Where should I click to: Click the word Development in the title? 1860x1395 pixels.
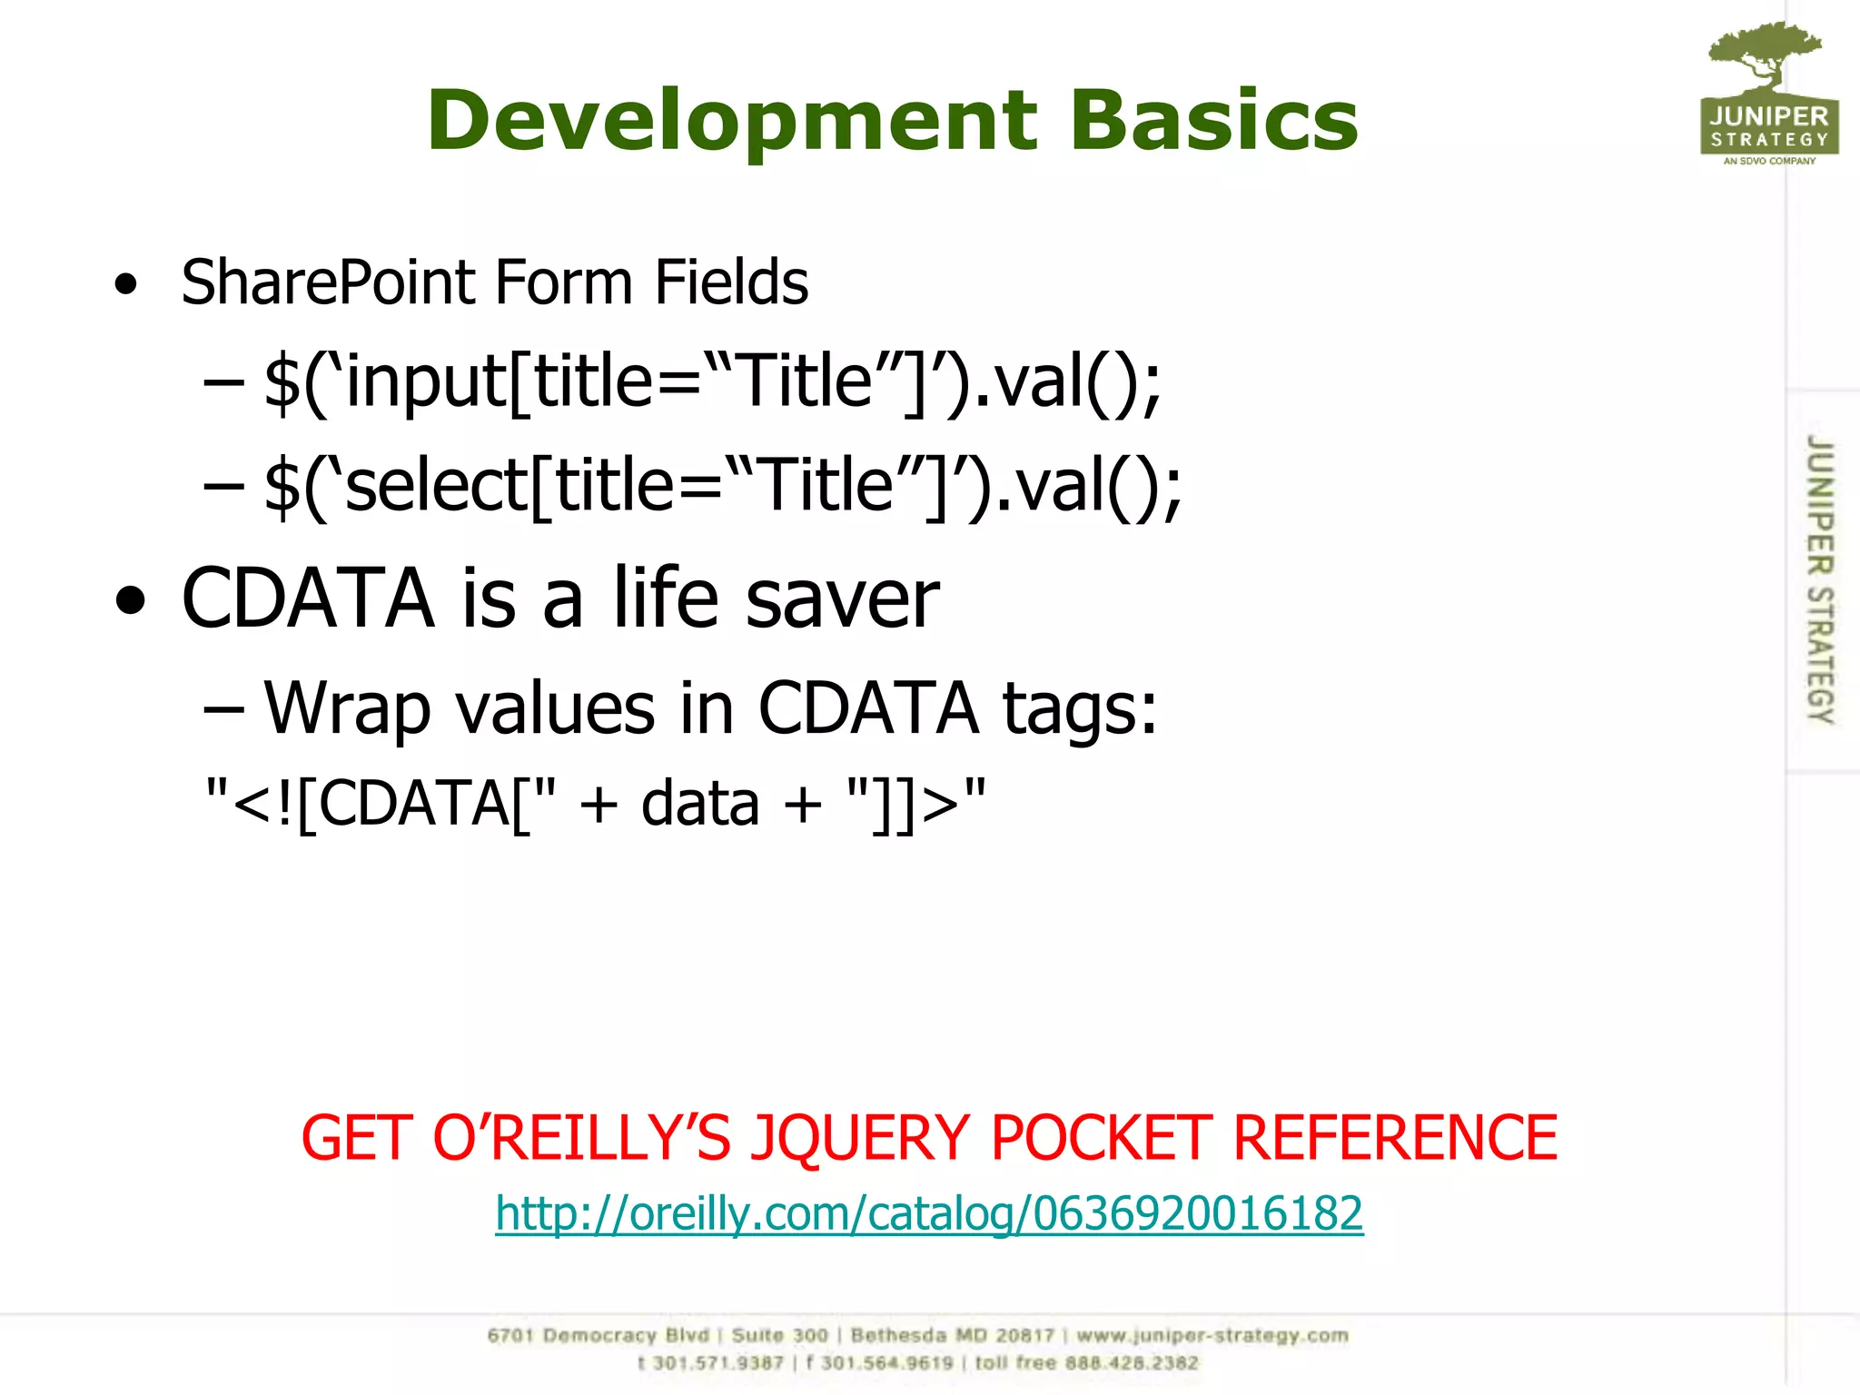click(731, 120)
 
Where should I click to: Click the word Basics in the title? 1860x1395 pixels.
click(1213, 120)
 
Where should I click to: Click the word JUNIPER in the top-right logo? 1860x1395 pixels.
click(1768, 116)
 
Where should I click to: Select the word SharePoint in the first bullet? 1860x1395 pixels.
click(328, 282)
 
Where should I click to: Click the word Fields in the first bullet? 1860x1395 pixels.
click(731, 282)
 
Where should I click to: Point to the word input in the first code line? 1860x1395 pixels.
click(427, 381)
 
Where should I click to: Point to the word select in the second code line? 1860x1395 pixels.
click(437, 486)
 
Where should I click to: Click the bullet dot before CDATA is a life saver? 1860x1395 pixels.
click(130, 600)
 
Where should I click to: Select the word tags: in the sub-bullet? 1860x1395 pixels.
click(1080, 708)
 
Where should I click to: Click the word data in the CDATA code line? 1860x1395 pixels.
click(699, 804)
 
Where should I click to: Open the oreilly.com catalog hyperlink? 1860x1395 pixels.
click(928, 1213)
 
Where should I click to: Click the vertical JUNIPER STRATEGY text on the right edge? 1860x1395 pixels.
click(1820, 579)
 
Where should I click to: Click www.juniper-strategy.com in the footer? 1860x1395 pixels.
click(1212, 1335)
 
